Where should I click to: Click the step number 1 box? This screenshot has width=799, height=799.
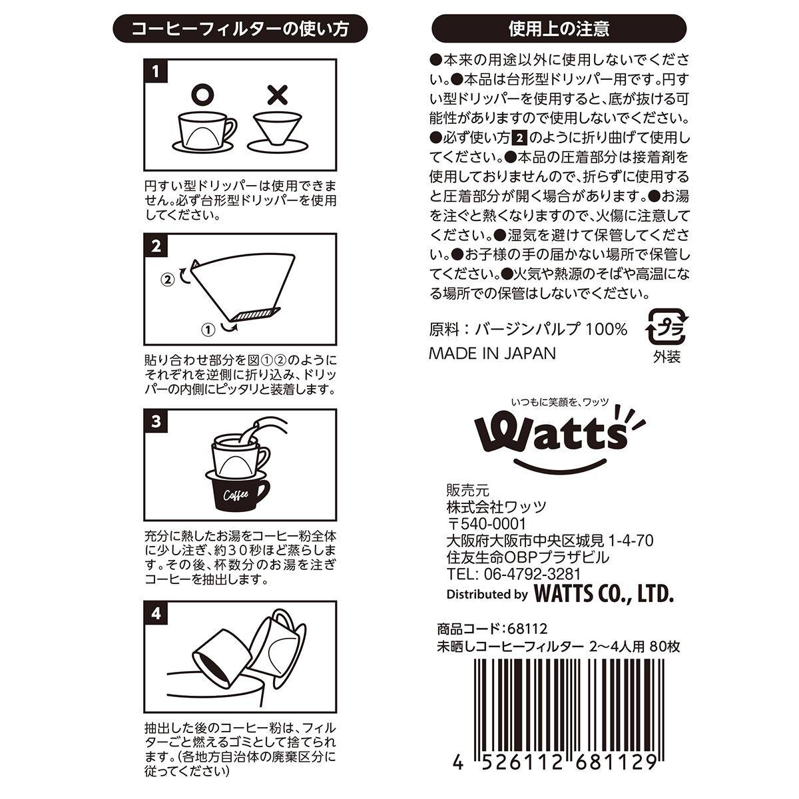click(156, 71)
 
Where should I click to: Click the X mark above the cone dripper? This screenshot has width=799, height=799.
click(278, 95)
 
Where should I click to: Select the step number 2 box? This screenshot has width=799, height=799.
click(156, 246)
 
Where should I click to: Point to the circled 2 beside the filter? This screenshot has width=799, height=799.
click(168, 280)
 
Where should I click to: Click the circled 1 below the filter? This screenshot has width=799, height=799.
click(208, 330)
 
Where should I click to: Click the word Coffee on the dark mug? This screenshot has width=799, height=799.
click(236, 495)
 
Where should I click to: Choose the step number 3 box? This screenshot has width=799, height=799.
click(156, 421)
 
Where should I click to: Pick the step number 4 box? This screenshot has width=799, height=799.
click(156, 613)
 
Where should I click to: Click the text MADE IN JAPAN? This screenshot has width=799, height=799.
click(492, 354)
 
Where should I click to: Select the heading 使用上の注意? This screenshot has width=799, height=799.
click(559, 29)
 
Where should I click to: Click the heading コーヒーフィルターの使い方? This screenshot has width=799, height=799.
click(240, 29)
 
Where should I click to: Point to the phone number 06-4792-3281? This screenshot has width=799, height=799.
click(532, 574)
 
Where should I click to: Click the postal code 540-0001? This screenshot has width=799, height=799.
click(493, 524)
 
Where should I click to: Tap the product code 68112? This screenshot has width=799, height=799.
click(527, 629)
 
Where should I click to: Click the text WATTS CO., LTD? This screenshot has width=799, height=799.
click(603, 594)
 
